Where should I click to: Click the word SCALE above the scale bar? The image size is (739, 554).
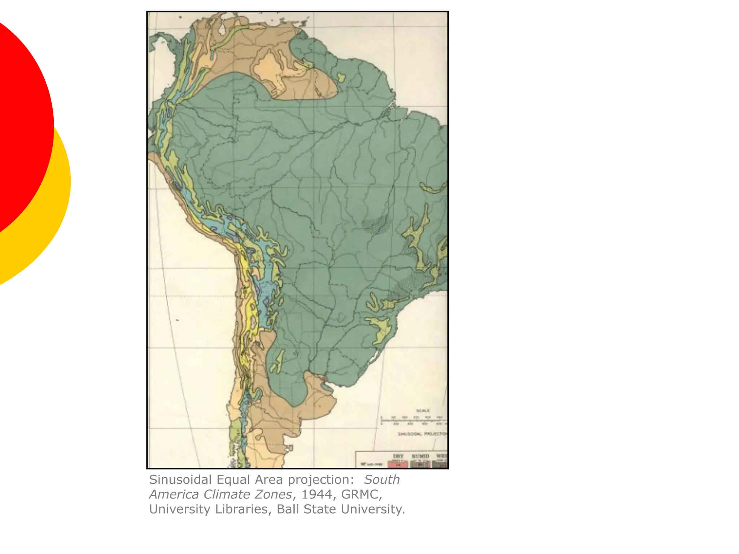pyautogui.click(x=423, y=410)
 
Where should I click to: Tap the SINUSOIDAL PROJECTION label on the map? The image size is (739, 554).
pyautogui.click(x=422, y=434)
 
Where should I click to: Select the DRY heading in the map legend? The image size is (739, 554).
pyautogui.click(x=398, y=456)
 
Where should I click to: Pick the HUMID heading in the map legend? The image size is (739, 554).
pyautogui.click(x=420, y=456)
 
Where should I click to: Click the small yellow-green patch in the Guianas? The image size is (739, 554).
pyautogui.click(x=341, y=77)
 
